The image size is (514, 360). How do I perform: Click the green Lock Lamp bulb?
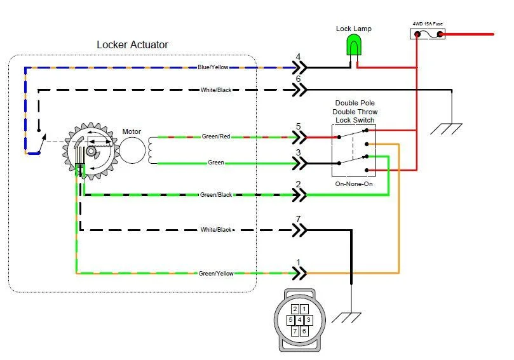point(353,45)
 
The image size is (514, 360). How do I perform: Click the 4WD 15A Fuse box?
point(428,33)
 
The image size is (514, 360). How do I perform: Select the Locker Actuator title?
point(132,45)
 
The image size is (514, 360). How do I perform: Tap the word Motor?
point(132,131)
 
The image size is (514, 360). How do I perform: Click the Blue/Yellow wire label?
point(213,67)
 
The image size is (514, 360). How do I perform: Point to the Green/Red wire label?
point(216,137)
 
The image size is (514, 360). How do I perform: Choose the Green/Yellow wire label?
point(216,274)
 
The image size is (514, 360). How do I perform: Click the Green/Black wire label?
point(216,195)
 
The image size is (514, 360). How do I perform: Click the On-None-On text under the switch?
point(353,184)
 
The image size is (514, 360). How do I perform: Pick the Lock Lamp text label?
point(354,29)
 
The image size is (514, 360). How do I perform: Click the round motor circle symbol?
point(132,150)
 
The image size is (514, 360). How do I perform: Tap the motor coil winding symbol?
point(152,150)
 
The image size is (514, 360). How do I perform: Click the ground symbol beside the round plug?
point(350,317)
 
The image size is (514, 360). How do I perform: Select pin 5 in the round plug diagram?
point(290,319)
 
